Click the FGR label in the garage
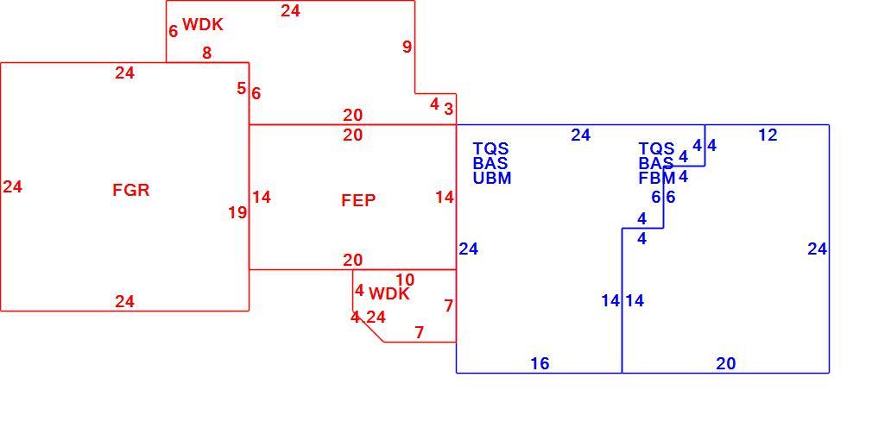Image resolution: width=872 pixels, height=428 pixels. click(x=131, y=190)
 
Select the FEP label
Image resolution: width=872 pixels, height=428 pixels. click(x=358, y=200)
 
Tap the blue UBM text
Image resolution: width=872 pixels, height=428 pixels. click(x=492, y=179)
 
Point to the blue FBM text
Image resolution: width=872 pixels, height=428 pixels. click(x=657, y=179)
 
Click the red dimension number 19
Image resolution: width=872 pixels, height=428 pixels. click(x=237, y=212)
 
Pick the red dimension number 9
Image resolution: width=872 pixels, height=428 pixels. click(x=408, y=47)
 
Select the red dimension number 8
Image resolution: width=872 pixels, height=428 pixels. click(x=207, y=53)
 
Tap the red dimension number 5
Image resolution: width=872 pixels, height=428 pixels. click(x=241, y=88)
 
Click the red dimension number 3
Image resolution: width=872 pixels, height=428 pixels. click(x=448, y=109)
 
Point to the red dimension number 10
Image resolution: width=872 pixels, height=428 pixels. click(x=405, y=280)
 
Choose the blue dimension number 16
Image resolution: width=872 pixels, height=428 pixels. click(x=540, y=363)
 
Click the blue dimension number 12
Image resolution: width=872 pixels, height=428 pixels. click(x=768, y=135)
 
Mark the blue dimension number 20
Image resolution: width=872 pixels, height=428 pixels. click(x=726, y=363)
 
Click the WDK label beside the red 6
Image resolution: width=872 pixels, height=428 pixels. click(x=203, y=25)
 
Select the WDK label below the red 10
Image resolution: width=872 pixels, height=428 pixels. click(x=389, y=294)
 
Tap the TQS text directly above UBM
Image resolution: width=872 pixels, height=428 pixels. click(x=490, y=149)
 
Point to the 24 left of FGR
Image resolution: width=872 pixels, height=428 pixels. click(x=12, y=187)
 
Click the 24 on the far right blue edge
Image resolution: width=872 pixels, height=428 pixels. click(x=817, y=249)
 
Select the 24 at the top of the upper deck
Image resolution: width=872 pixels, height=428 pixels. click(x=290, y=10)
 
